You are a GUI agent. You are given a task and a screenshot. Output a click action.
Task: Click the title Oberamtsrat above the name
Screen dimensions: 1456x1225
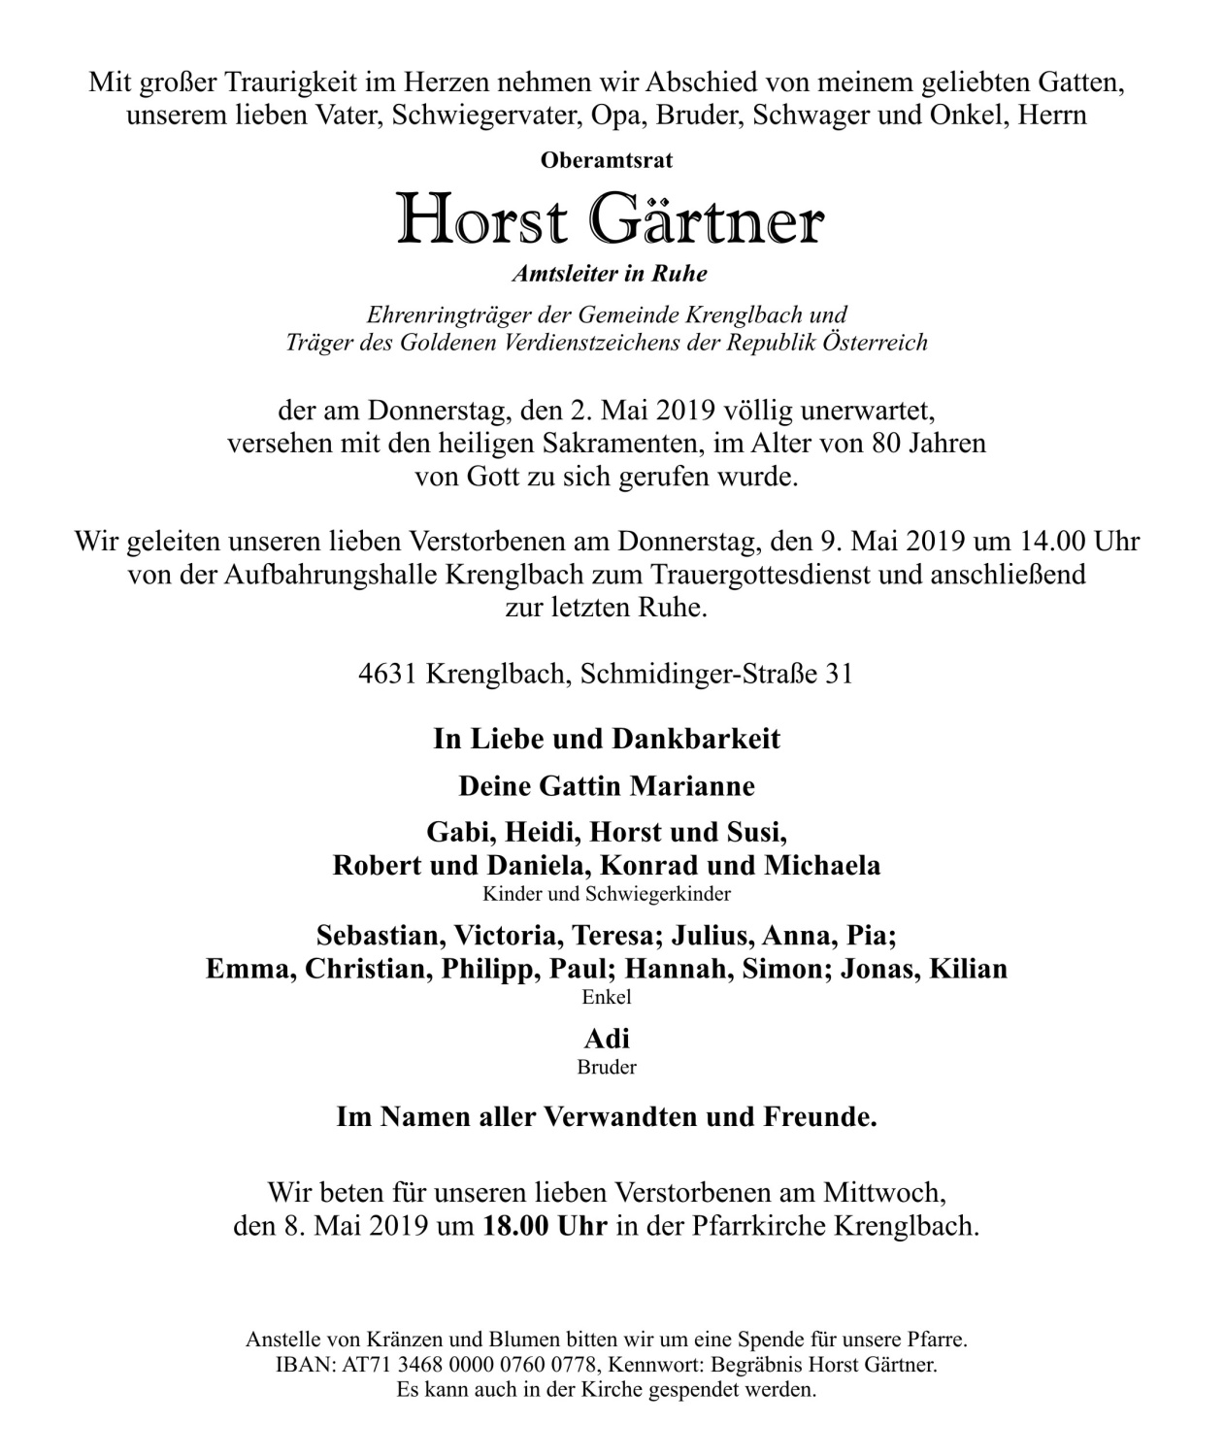coord(607,160)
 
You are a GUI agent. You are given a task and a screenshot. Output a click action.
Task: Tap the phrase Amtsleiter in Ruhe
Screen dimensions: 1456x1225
coord(610,274)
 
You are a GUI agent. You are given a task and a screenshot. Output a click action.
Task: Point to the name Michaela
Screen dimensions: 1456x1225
coord(822,865)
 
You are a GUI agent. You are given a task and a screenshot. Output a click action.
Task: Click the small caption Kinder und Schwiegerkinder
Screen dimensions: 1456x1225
coord(607,894)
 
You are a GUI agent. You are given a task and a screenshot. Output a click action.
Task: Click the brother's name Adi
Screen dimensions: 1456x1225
coord(607,1039)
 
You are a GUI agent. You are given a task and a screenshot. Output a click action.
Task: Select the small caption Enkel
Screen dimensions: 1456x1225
coord(607,997)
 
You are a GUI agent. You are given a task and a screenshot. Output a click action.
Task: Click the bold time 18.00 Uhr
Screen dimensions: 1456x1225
coord(545,1226)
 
